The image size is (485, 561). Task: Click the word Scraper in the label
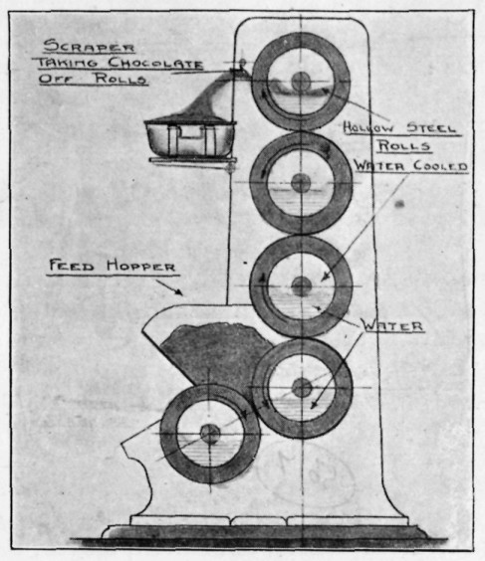[89, 47]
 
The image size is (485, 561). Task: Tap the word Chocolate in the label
[155, 64]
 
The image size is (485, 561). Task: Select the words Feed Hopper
[113, 266]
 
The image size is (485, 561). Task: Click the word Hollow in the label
[368, 127]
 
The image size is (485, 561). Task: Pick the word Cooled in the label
[440, 166]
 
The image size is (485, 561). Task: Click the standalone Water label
[392, 326]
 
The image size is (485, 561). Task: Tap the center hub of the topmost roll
[301, 82]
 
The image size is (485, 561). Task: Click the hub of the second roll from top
[301, 183]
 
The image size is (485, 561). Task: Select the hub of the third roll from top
[301, 286]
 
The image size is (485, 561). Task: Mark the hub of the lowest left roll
[210, 434]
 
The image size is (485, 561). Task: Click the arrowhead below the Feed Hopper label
[179, 292]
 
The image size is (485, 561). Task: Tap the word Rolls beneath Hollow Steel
[403, 146]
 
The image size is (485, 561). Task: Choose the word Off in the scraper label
[55, 79]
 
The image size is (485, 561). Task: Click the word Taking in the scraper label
[68, 63]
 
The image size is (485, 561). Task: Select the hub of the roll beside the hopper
[302, 388]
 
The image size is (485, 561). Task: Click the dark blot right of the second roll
[399, 204]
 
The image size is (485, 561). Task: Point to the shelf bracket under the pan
[193, 161]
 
